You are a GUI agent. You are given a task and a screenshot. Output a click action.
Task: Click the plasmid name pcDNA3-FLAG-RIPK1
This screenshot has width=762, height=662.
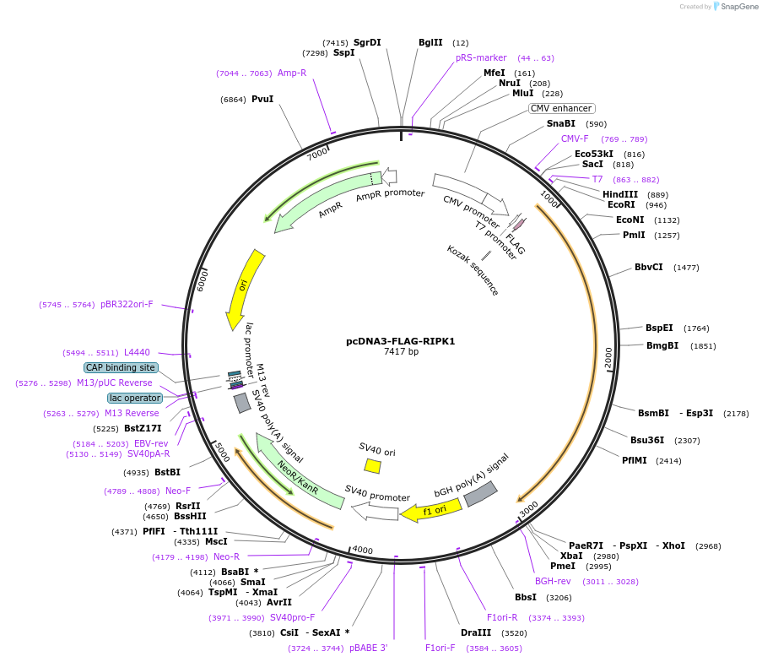click(400, 341)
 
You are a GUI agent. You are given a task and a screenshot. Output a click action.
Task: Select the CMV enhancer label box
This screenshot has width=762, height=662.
click(562, 108)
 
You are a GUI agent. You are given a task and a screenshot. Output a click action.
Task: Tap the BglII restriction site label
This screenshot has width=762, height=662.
click(430, 42)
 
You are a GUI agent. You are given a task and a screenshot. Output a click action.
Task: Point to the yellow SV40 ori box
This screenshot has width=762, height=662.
click(372, 465)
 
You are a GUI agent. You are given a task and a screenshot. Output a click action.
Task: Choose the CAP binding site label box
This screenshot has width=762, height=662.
click(121, 367)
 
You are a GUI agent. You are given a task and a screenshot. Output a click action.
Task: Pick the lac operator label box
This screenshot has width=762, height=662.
click(135, 398)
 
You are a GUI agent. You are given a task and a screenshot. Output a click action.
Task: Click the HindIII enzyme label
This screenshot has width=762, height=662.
click(620, 194)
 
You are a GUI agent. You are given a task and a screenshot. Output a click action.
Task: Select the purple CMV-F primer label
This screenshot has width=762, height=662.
click(575, 138)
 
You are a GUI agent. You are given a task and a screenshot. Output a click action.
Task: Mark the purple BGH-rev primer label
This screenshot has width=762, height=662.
click(553, 581)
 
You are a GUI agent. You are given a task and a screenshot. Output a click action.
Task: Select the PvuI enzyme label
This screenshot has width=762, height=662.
click(262, 99)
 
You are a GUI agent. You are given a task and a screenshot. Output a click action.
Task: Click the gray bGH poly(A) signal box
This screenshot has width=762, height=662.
click(480, 494)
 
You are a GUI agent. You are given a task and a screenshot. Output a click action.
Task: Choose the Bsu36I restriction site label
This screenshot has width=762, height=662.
click(647, 440)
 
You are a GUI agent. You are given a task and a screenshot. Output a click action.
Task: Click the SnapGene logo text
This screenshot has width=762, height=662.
click(737, 7)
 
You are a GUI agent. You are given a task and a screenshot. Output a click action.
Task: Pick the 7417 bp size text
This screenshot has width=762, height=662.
click(401, 351)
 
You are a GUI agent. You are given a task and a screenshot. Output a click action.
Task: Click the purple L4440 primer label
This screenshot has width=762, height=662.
click(137, 352)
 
